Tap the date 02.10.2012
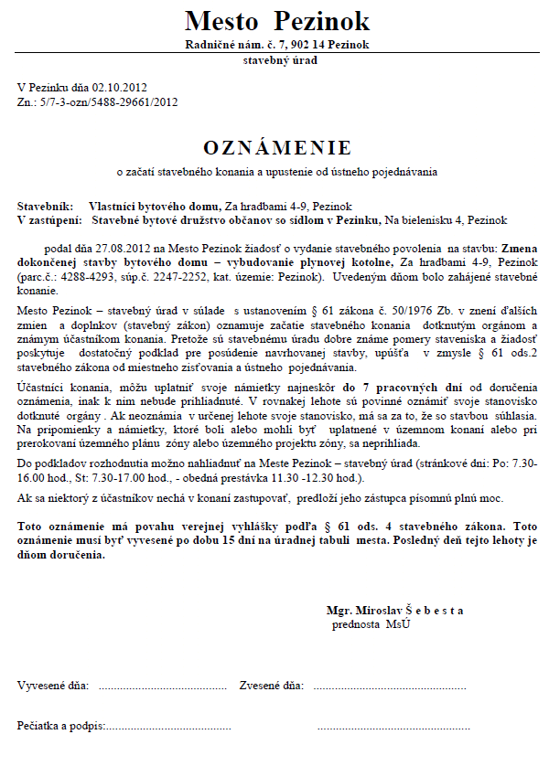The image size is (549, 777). [120, 88]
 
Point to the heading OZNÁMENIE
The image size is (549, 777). [277, 147]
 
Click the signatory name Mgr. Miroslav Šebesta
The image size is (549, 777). [394, 610]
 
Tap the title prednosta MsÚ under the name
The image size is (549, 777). [371, 623]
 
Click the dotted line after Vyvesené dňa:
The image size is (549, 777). [161, 686]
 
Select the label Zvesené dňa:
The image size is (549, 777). [271, 685]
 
